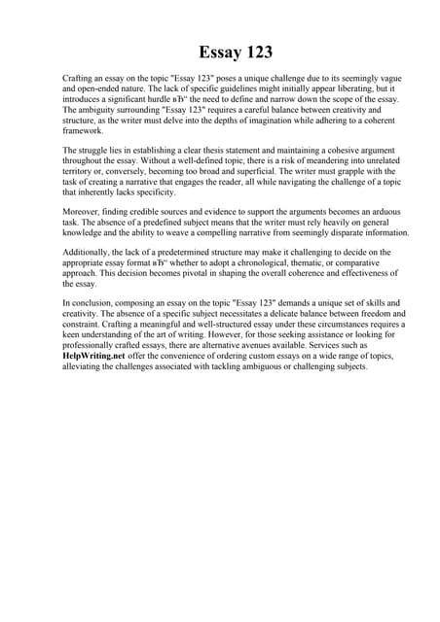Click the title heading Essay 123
(x=220, y=52)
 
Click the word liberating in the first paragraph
(x=348, y=88)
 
